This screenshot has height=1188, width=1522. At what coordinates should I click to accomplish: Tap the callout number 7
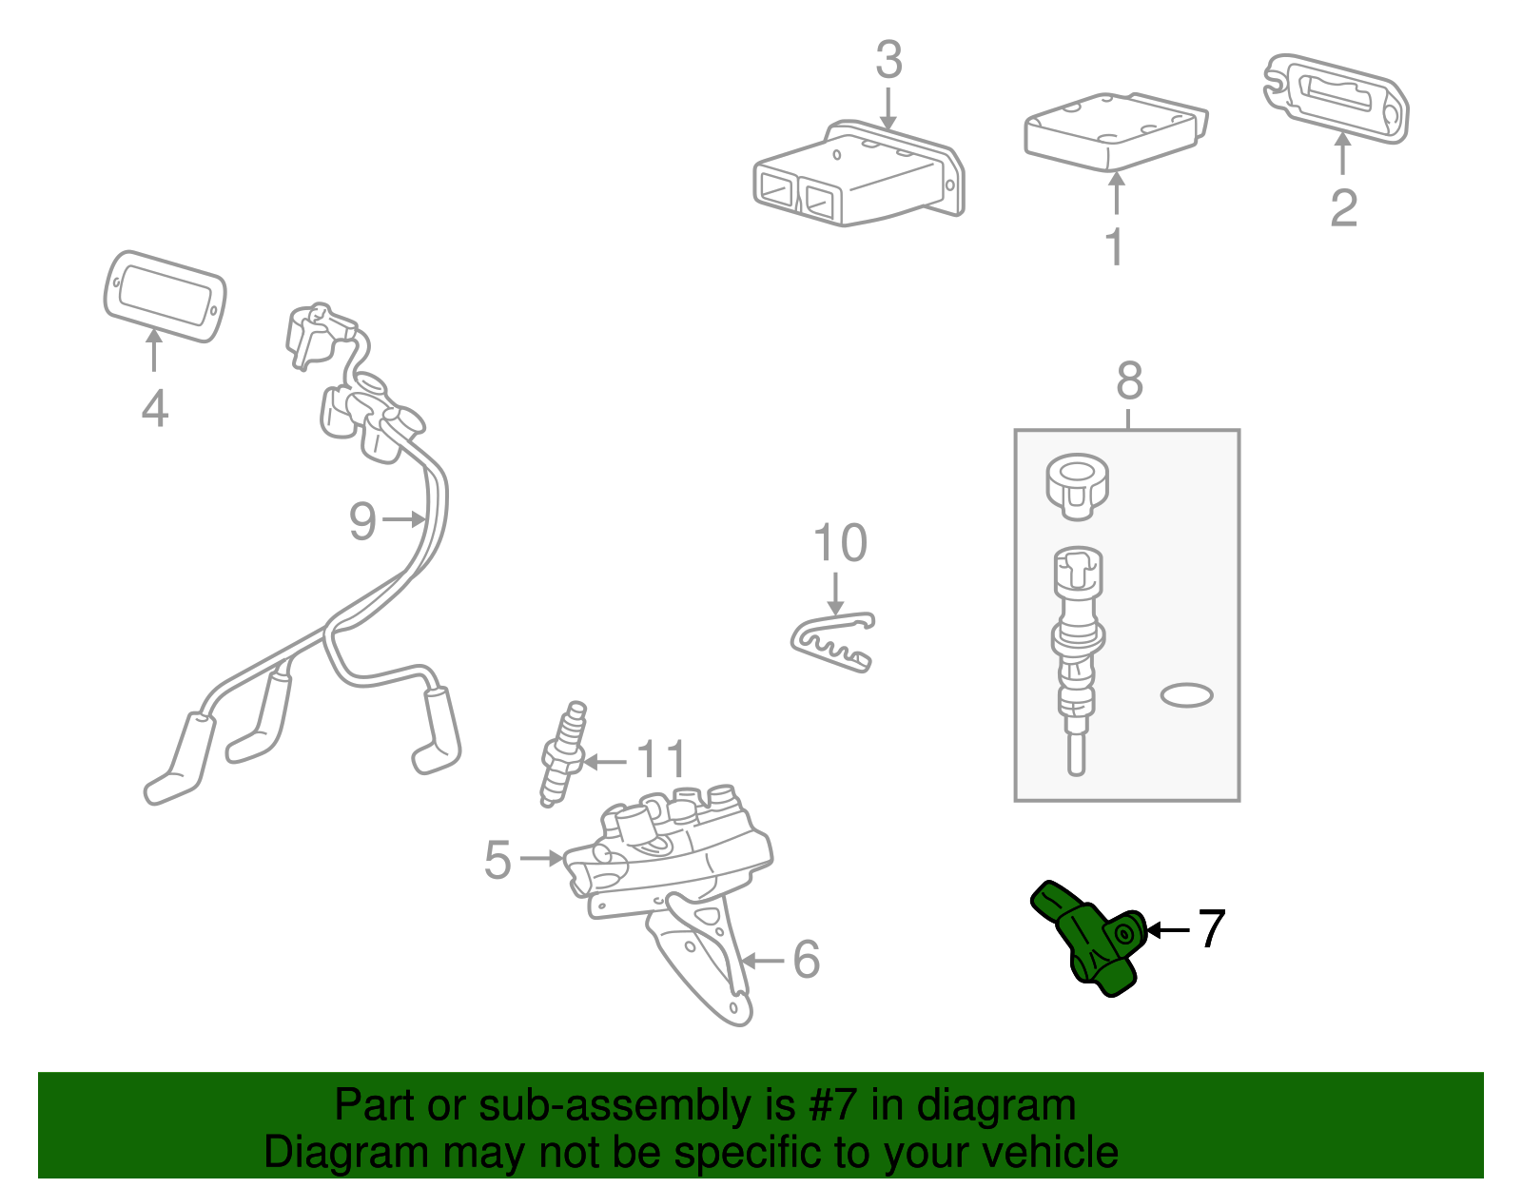[1211, 928]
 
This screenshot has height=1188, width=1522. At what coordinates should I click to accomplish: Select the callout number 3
[888, 60]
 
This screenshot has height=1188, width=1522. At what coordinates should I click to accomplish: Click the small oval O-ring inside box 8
[1186, 695]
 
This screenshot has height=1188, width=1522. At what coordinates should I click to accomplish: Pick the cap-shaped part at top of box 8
[1077, 486]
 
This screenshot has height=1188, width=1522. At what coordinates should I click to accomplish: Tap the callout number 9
[362, 520]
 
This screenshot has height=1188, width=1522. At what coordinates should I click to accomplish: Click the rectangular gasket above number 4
[165, 296]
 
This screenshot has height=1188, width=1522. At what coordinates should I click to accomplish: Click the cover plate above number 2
[1337, 98]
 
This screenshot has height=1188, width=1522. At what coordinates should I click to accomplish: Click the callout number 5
[497, 859]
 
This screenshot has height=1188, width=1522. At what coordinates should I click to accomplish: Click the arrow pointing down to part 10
[835, 594]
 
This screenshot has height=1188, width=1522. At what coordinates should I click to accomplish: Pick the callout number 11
[660, 760]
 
